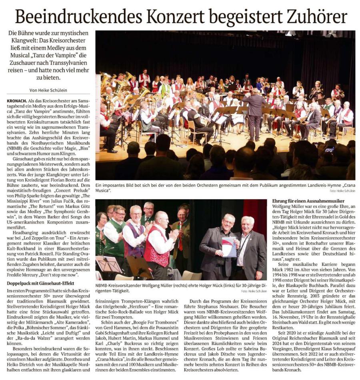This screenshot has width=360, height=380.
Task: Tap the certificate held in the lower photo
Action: (x=230, y=246)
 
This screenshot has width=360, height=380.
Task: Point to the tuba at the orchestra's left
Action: (x=106, y=82)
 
